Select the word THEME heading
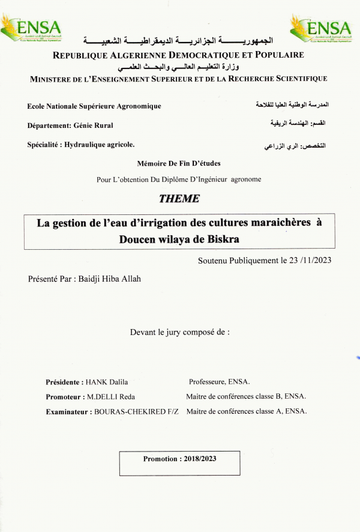point(179,199)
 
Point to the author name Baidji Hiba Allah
point(110,279)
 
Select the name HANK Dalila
point(107,382)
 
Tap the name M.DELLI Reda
point(111,397)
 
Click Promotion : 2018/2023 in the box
point(179,459)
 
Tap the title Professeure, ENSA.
point(219,382)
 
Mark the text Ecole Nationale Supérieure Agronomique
point(94,106)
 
